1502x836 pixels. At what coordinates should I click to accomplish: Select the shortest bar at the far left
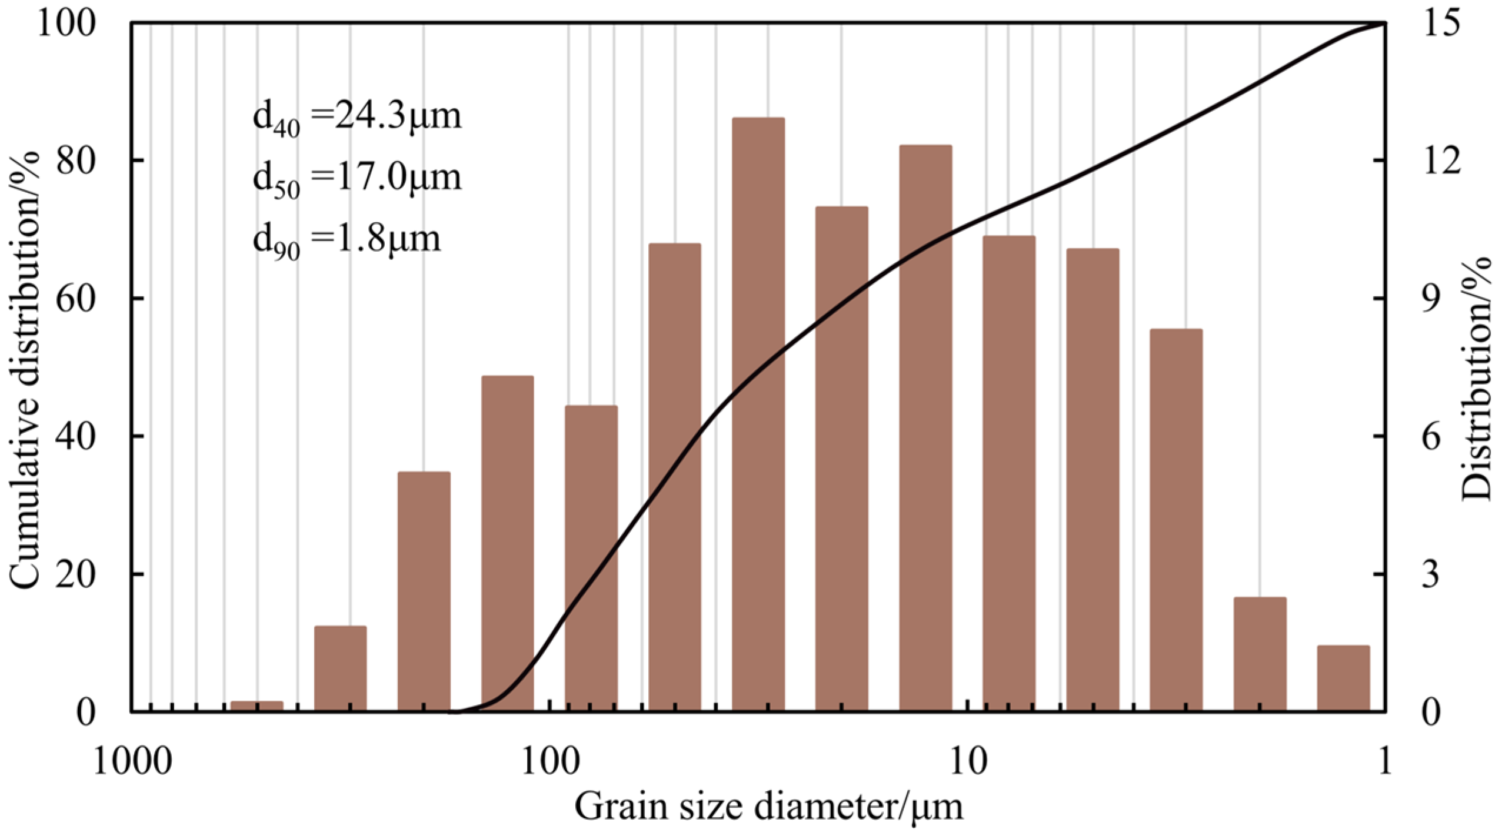tap(257, 705)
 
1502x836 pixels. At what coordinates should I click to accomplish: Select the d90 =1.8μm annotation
tap(347, 240)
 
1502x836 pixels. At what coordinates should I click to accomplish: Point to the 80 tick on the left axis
tap(77, 160)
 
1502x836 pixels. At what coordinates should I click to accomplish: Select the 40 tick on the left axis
tap(77, 437)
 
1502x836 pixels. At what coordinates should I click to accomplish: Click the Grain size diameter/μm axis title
tap(769, 807)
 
